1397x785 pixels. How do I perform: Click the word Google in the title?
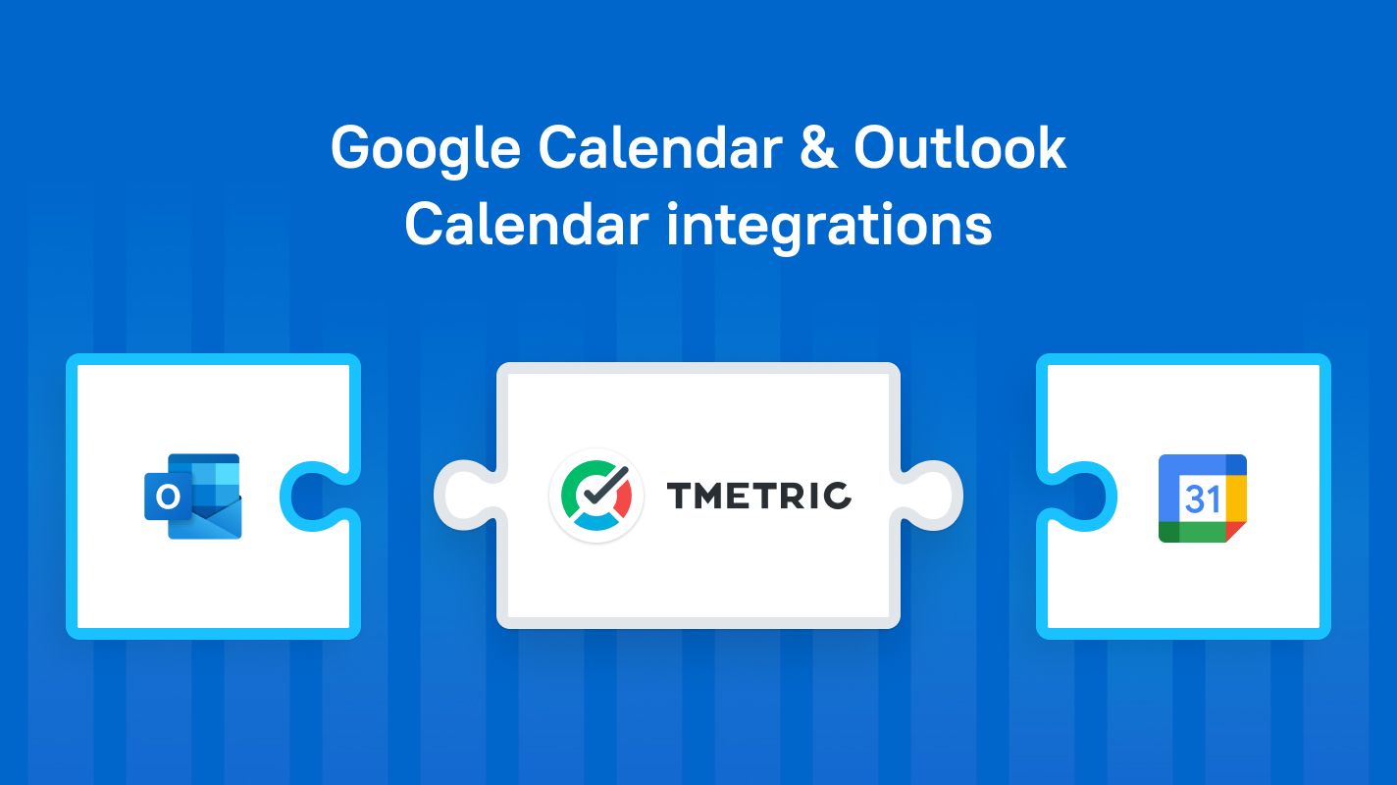tap(426, 150)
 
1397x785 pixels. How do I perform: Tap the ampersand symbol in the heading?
tap(817, 147)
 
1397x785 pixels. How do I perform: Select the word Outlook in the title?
tap(959, 147)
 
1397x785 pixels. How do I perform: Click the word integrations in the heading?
tap(829, 227)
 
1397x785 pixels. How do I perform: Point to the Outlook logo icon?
tap(192, 497)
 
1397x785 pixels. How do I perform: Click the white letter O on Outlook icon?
tap(167, 497)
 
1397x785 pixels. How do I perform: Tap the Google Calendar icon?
tap(1203, 497)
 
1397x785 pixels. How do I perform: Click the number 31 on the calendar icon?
tap(1202, 499)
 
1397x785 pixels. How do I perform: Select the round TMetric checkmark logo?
tap(596, 496)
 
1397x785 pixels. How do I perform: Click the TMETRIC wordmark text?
tap(759, 496)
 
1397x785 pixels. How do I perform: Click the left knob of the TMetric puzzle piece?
tap(465, 495)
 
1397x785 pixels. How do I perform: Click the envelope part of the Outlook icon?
tap(206, 518)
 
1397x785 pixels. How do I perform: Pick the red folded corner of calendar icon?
tap(1235, 532)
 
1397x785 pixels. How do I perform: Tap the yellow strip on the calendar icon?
tap(1236, 498)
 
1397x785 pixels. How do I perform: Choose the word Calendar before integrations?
tap(527, 225)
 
